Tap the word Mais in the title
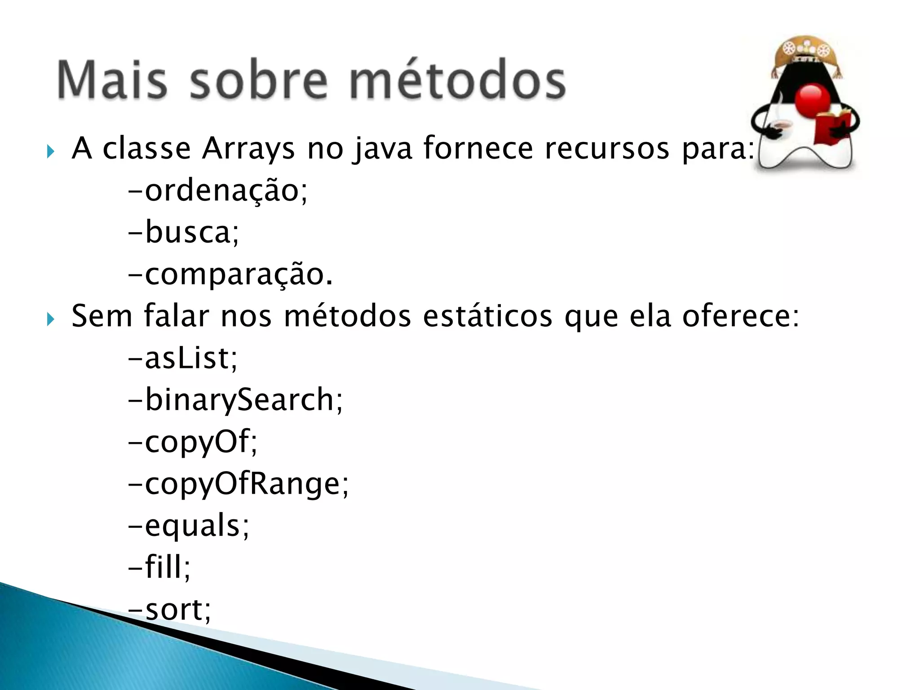(112, 81)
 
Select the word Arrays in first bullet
(248, 148)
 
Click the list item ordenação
(218, 190)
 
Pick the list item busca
(184, 233)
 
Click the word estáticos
(487, 316)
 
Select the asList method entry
(183, 358)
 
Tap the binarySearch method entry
(236, 400)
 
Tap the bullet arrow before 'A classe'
(50, 152)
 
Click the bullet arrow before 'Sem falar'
(50, 319)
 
